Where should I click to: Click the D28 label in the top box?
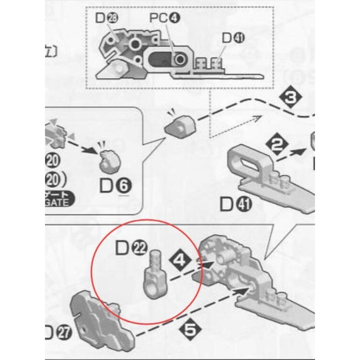point(106,19)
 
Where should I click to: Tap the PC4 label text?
point(165,18)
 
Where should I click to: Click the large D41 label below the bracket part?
point(235,205)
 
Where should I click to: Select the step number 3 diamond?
point(291,99)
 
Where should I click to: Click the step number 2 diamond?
point(277,145)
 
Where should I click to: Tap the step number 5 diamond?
point(190,329)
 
